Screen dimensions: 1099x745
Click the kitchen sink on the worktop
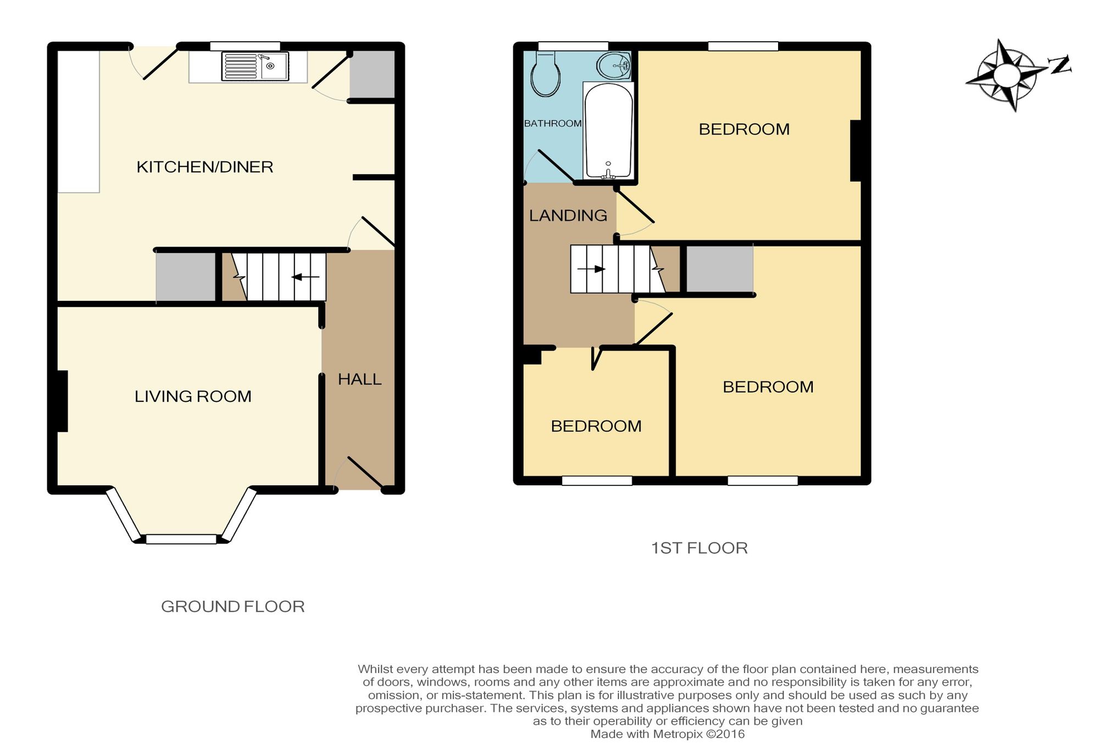pyautogui.click(x=255, y=66)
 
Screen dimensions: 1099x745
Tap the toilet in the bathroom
pyautogui.click(x=546, y=74)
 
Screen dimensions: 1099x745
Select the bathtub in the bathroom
pyautogui.click(x=608, y=131)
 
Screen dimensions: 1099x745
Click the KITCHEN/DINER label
pyautogui.click(x=204, y=167)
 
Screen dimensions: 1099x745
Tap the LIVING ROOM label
pyautogui.click(x=193, y=396)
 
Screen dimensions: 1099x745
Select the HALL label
pyautogui.click(x=359, y=379)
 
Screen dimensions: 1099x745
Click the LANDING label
pyautogui.click(x=568, y=216)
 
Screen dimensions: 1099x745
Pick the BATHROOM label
pyautogui.click(x=553, y=124)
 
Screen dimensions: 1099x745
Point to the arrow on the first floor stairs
pyautogui.click(x=591, y=269)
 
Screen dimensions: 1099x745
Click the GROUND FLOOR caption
pyautogui.click(x=232, y=607)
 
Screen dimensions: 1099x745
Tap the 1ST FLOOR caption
pyautogui.click(x=699, y=548)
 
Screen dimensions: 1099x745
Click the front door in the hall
pyautogui.click(x=365, y=473)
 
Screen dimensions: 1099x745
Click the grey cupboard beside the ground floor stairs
pyautogui.click(x=186, y=277)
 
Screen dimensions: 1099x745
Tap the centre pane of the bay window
pyautogui.click(x=181, y=540)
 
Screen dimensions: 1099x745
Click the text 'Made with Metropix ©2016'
pyautogui.click(x=667, y=734)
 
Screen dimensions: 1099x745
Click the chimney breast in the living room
pyautogui.click(x=62, y=401)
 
